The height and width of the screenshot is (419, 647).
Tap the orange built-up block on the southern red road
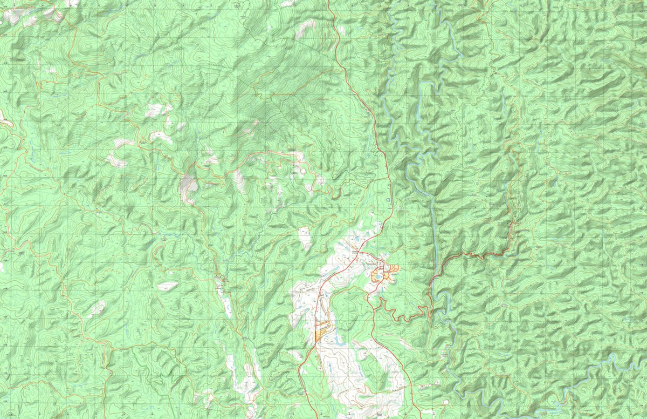321,329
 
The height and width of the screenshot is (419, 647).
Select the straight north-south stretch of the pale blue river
433,227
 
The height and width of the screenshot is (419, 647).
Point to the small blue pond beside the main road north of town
388,201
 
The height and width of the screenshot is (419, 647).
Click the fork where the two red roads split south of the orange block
314,343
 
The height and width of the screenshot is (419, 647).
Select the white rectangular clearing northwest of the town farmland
305,238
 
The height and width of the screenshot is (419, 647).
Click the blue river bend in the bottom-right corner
620,362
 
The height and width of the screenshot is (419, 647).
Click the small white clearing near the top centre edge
307,27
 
